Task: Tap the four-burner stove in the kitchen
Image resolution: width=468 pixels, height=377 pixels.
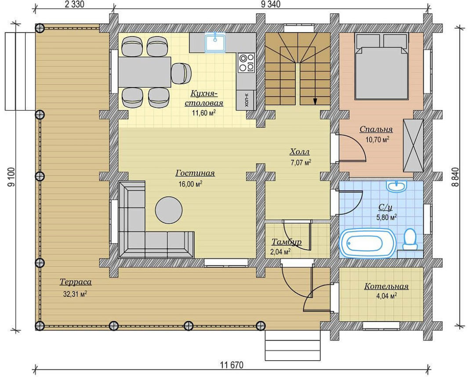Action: point(246,63)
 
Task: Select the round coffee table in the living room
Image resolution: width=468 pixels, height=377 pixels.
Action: point(169,210)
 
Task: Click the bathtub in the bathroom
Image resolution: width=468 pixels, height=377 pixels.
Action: point(367,243)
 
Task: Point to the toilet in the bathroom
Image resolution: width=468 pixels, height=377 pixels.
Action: point(410,239)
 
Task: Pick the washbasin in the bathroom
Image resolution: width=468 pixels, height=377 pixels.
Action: point(396,186)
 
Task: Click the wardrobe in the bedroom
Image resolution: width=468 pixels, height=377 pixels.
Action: point(413,146)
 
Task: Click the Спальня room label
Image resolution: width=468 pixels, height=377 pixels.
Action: point(376,129)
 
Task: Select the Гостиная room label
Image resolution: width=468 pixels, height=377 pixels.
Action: point(195,173)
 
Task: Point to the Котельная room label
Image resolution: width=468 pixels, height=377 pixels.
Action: point(386,286)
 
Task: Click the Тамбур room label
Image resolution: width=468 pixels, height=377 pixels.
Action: point(286,242)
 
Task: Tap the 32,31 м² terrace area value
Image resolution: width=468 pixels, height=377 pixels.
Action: point(75,294)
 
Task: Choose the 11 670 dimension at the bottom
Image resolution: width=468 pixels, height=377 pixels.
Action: point(232,365)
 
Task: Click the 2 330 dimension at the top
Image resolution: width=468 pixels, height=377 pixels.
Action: point(74,4)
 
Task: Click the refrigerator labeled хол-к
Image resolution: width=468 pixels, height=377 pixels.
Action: point(246,100)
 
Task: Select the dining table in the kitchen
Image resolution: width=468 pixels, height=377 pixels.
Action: point(144,72)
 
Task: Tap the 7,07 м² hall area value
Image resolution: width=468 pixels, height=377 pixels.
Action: point(301,162)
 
